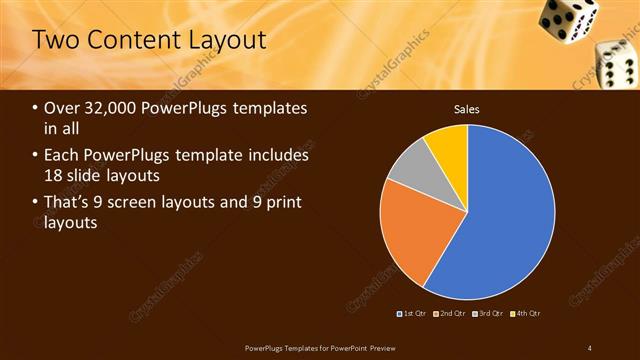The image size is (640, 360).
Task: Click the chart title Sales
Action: click(467, 108)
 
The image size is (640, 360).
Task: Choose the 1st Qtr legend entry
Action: click(414, 314)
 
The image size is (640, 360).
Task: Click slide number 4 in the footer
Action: click(589, 347)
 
